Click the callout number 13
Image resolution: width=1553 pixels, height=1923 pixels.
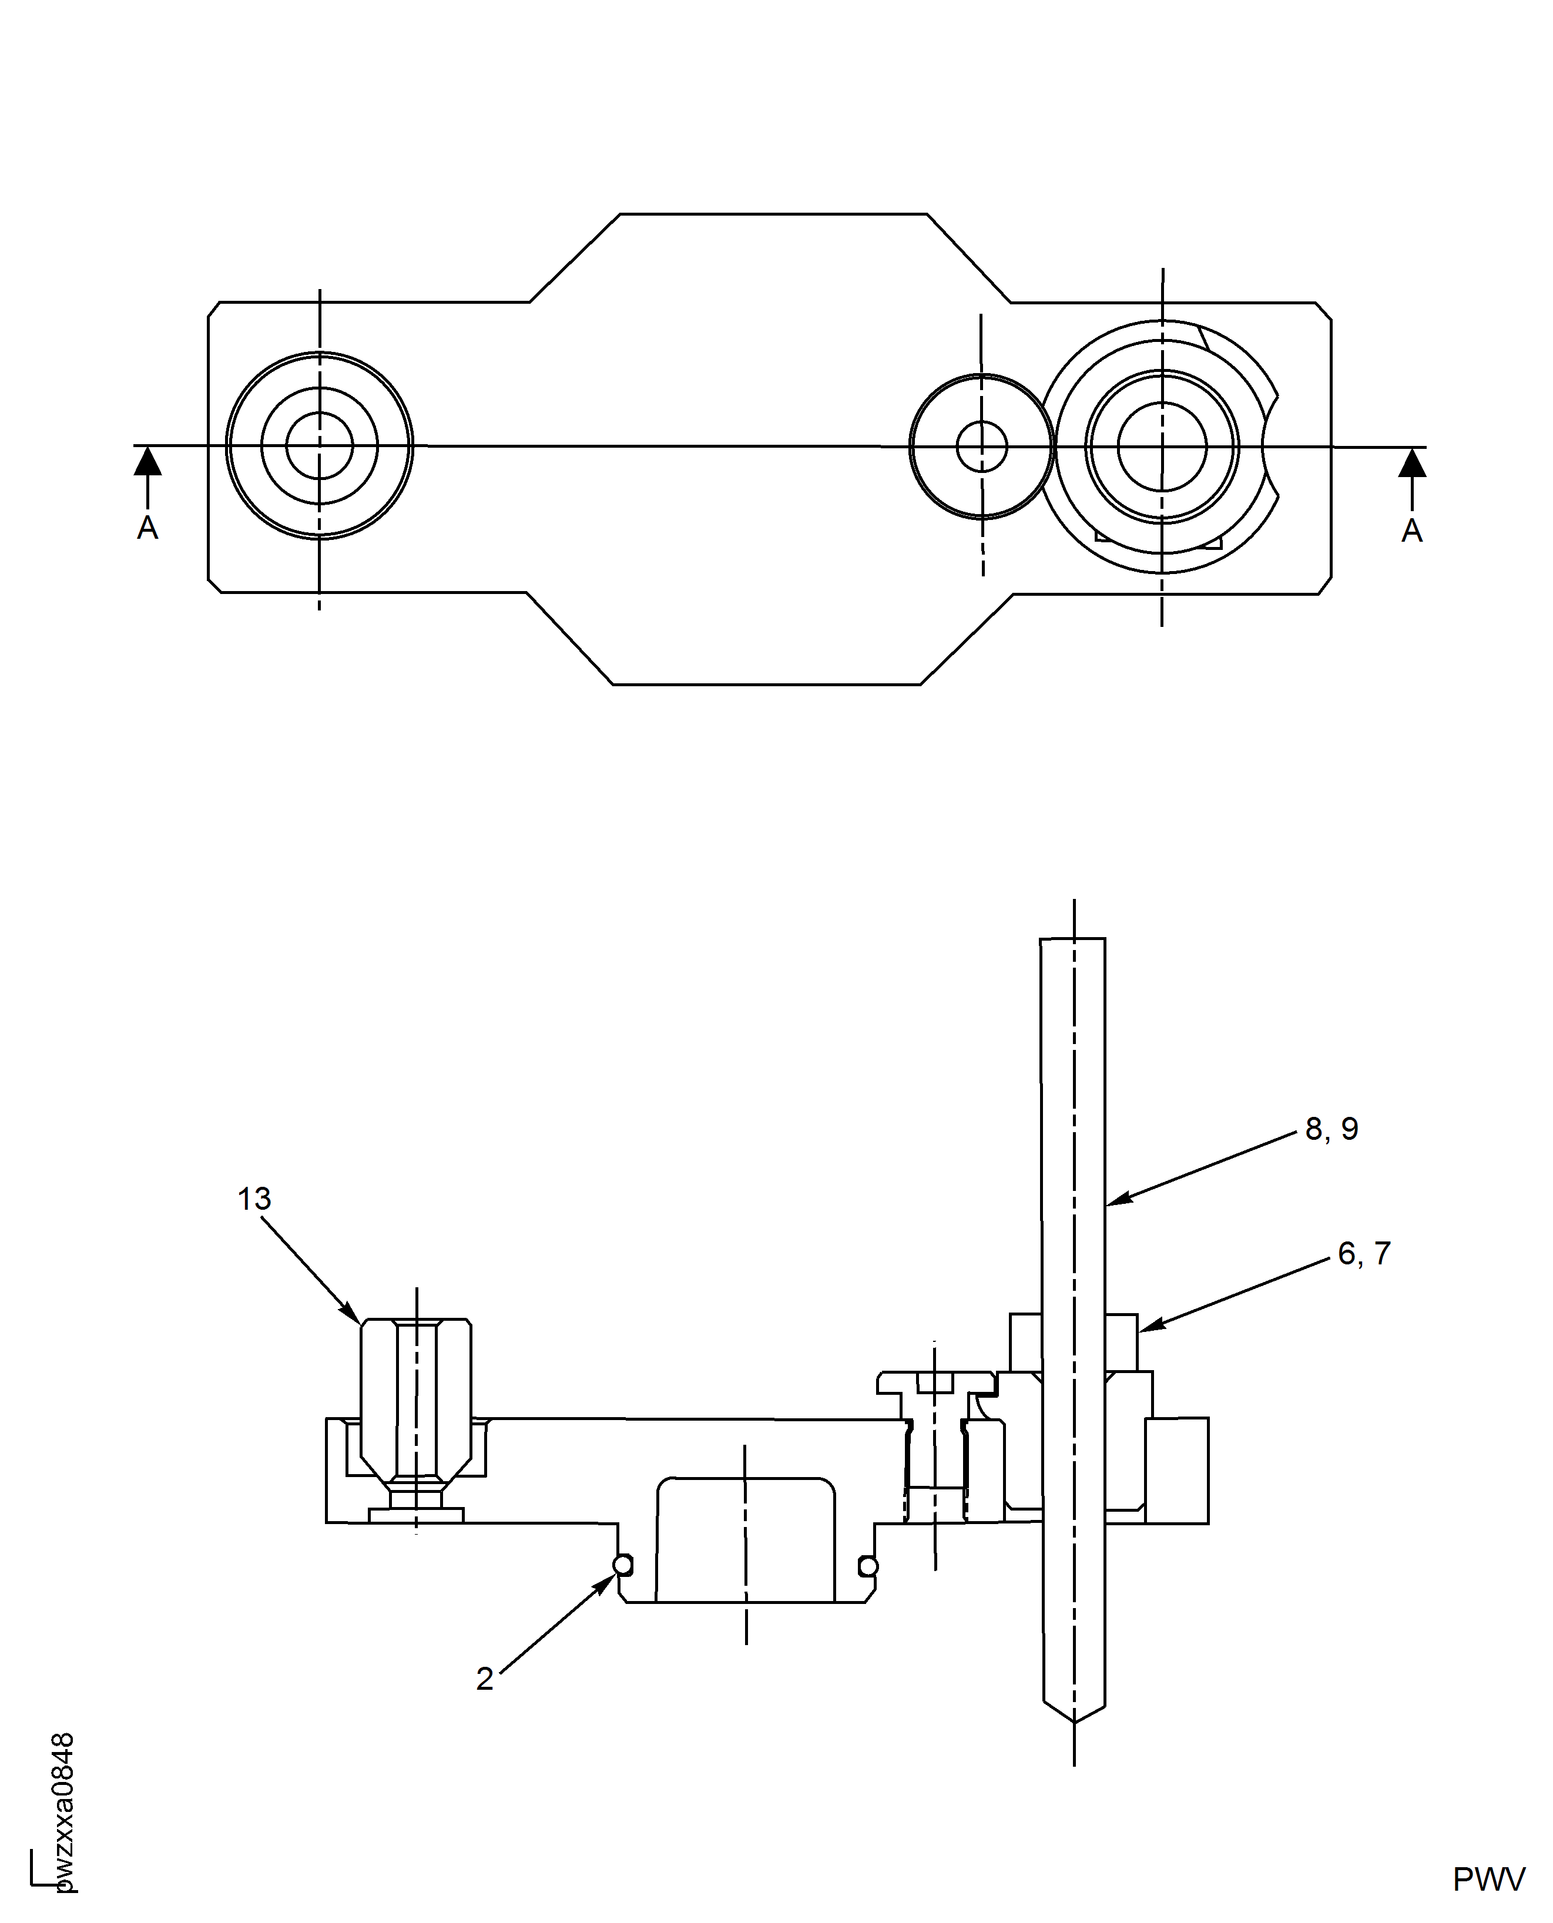coord(254,1199)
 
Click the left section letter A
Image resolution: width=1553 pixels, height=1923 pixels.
coord(147,529)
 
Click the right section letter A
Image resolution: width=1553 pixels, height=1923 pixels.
coord(1411,531)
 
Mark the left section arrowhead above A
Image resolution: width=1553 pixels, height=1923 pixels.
coord(147,462)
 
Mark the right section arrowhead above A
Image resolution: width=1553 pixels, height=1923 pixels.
coord(1413,464)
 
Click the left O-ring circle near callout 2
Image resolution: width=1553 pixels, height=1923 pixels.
coord(623,1565)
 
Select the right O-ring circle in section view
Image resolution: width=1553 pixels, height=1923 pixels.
coord(868,1566)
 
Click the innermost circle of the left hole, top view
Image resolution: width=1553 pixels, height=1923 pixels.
coord(320,445)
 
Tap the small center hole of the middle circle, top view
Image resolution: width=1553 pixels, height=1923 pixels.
coord(981,447)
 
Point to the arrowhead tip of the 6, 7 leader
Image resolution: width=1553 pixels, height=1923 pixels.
coord(1140,1330)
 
